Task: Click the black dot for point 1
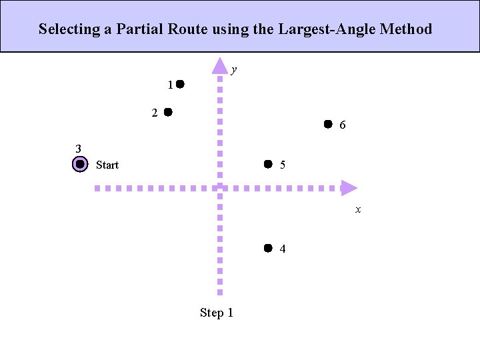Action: (x=180, y=85)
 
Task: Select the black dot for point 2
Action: (x=168, y=112)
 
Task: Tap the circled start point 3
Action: (x=79, y=164)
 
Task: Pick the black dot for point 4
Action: (x=267, y=248)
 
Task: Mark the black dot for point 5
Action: (x=267, y=163)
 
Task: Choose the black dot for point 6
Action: (x=328, y=124)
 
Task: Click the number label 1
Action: (x=171, y=85)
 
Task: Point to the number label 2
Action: (x=155, y=113)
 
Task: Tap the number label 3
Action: (x=78, y=149)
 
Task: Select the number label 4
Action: (x=283, y=249)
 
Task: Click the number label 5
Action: (x=283, y=165)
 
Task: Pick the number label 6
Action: (x=342, y=125)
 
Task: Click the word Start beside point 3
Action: (x=107, y=165)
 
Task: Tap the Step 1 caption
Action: (x=217, y=313)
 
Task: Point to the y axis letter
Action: (x=234, y=69)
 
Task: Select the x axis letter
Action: (x=358, y=209)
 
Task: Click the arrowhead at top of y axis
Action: (x=220, y=65)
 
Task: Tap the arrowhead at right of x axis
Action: (x=349, y=188)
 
